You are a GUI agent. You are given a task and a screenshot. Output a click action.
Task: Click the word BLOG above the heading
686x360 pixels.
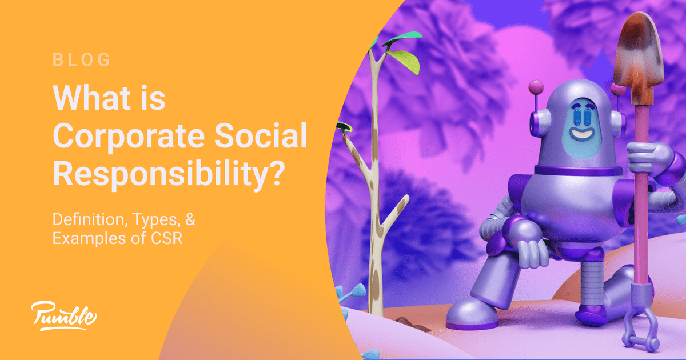coord(81,59)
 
